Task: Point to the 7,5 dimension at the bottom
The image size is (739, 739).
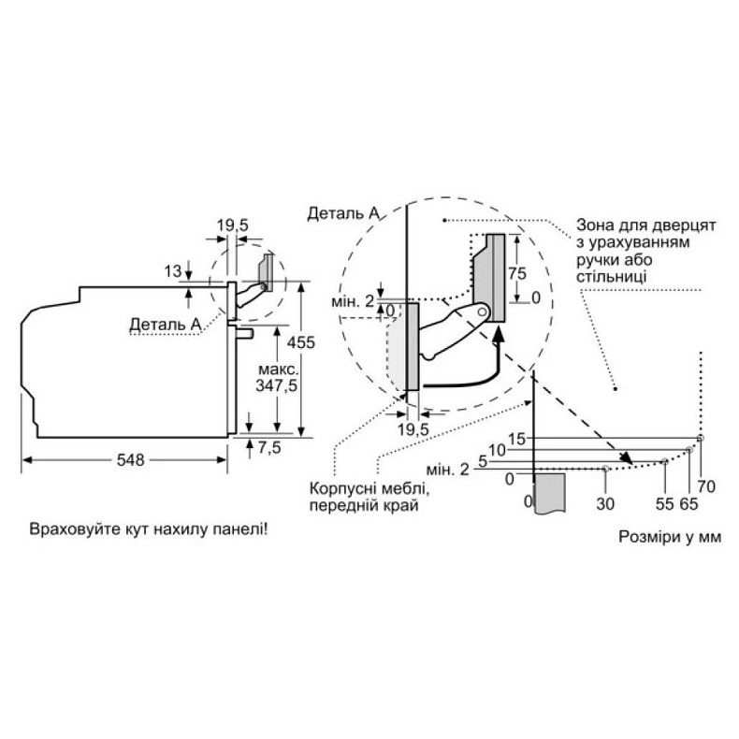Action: pyautogui.click(x=270, y=447)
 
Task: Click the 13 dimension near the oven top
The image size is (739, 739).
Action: pyautogui.click(x=171, y=272)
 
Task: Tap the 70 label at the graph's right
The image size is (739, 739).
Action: pyautogui.click(x=706, y=485)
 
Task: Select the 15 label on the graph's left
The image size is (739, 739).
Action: pyautogui.click(x=517, y=437)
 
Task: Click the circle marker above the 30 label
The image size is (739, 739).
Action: pyautogui.click(x=607, y=468)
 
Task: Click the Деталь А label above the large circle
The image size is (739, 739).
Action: pyautogui.click(x=342, y=213)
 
